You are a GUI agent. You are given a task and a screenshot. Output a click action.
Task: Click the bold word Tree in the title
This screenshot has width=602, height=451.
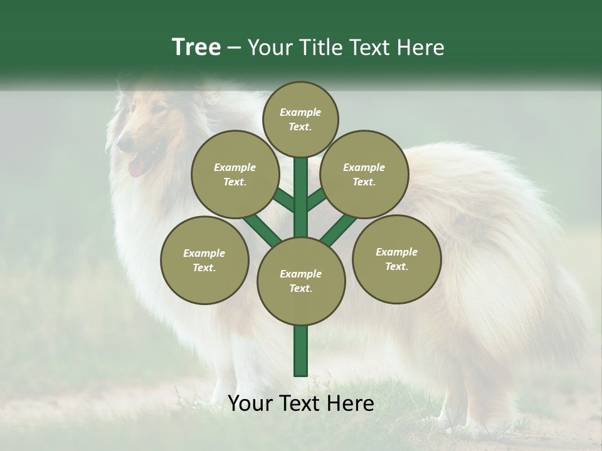point(196,48)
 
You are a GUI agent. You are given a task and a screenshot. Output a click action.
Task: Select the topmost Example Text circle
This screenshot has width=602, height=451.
point(300,119)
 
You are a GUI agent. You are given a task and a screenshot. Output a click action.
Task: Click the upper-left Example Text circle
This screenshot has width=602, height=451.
point(235,174)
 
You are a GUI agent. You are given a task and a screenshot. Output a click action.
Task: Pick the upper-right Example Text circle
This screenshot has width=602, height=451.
point(364,174)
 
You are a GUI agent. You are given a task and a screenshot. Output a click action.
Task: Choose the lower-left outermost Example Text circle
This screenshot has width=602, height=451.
point(204,260)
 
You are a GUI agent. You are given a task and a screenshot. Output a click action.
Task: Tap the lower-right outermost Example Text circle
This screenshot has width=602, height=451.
point(396,259)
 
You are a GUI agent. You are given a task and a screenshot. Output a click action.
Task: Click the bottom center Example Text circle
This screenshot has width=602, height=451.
point(301,281)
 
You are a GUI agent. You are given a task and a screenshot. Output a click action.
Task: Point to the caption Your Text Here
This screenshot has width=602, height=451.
point(300,403)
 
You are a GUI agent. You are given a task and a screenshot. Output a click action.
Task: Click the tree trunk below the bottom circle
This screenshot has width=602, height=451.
point(301,351)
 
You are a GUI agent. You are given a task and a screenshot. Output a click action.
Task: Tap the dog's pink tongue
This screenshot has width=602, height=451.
point(136,167)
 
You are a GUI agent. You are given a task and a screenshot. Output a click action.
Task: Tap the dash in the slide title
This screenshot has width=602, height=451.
point(235,48)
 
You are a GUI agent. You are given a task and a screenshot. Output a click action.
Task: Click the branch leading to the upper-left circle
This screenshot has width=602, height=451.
point(283,199)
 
